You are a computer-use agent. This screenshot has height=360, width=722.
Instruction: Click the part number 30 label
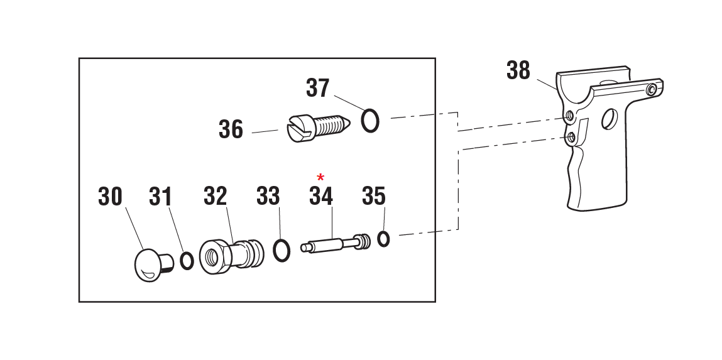110,197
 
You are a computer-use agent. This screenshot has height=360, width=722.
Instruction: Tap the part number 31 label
160,197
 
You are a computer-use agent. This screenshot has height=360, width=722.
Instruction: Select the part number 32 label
215,197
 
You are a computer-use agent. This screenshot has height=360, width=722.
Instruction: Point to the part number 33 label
268,197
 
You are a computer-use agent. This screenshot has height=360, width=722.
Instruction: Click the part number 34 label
320,197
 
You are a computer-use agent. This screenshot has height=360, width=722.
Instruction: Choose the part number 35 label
373,197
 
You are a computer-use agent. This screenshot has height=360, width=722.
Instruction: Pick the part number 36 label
231,129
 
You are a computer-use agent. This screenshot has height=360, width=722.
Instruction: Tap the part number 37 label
317,88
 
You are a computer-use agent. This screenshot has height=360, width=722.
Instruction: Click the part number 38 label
518,71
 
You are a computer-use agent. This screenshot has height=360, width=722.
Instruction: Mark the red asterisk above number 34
320,178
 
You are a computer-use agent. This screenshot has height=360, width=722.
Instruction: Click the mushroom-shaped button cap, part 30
150,264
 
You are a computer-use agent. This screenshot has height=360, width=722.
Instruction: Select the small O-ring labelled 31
187,261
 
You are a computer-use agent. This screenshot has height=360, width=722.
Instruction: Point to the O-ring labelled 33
282,249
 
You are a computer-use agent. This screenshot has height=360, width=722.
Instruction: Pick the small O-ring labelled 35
383,239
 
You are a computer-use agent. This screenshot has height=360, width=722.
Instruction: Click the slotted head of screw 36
297,128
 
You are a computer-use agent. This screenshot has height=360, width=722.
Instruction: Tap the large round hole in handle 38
609,119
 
